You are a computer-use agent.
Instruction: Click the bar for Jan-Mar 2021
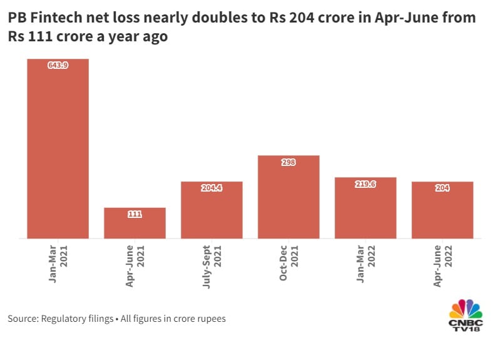(58, 150)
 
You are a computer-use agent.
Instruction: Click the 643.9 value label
(58, 65)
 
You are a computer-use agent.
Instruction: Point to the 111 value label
(135, 214)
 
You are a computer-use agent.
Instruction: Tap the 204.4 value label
(211, 188)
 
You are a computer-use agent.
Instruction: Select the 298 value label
(288, 162)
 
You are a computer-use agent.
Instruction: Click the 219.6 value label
(365, 184)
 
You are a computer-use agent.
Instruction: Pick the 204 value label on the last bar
(442, 188)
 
